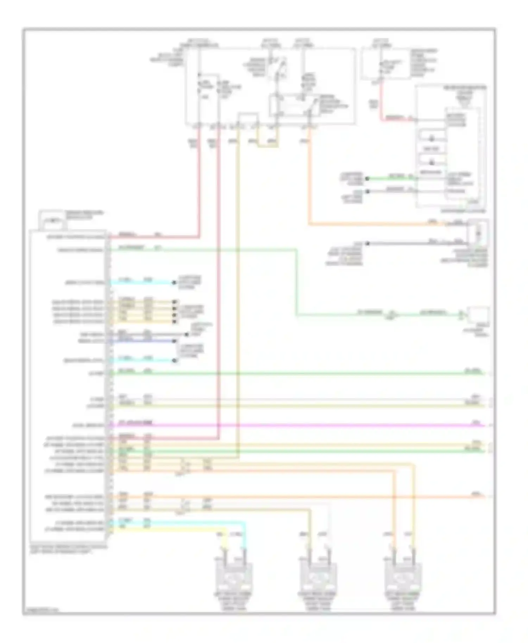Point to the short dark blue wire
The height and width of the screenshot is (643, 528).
pyautogui.click(x=141, y=341)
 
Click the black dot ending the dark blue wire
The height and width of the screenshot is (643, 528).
pyautogui.click(x=174, y=341)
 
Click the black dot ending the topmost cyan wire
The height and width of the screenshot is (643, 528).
pyautogui.click(x=174, y=282)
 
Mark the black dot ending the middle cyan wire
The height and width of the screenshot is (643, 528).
pyautogui.click(x=174, y=360)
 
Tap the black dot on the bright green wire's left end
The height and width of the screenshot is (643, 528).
pyautogui.click(x=367, y=178)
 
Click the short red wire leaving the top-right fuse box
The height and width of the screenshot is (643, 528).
pyautogui.click(x=381, y=102)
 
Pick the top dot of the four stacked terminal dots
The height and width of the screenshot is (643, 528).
pyautogui.click(x=174, y=302)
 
